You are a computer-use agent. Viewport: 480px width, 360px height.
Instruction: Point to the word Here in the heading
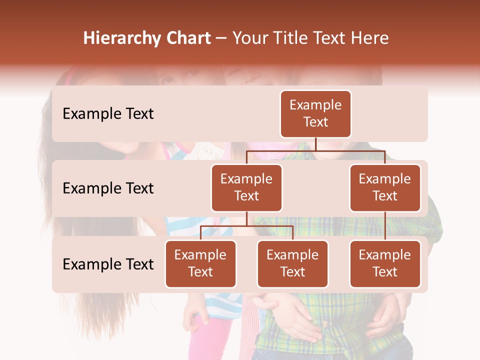(x=369, y=38)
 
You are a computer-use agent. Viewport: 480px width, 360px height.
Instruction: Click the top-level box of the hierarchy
(x=315, y=113)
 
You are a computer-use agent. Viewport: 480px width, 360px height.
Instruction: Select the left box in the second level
(x=246, y=187)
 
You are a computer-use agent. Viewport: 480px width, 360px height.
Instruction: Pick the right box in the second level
(x=385, y=187)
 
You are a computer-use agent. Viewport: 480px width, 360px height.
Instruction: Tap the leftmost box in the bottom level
(x=200, y=263)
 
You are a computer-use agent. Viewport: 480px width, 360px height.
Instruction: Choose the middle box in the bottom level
(x=292, y=263)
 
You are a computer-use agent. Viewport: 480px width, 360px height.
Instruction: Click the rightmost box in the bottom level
(x=385, y=263)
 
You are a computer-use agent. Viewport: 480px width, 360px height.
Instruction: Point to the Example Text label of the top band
(x=108, y=113)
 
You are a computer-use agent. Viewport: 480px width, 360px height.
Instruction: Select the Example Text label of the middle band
(x=108, y=188)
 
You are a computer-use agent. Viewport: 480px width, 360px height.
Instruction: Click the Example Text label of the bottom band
(x=108, y=264)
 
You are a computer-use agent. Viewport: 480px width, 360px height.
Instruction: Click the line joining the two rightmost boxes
(x=385, y=225)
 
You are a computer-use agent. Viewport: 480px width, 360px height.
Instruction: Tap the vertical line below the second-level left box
(x=246, y=218)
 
